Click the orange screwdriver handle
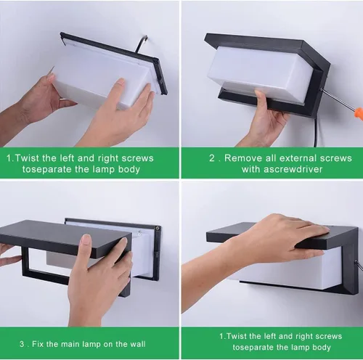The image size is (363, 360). pos(358,113)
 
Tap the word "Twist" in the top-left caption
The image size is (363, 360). pos(27,158)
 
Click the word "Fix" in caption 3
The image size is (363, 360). pos(38,344)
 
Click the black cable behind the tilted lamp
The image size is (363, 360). pos(140,44)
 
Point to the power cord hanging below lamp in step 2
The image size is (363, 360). pos(317,132)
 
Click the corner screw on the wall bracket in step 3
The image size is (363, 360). pos(158,228)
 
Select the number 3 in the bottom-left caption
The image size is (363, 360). pos(22,344)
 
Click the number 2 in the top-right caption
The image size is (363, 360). pos(212,158)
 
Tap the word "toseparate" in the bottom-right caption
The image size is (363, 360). pos(253,347)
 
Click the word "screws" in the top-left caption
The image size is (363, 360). pos(137,158)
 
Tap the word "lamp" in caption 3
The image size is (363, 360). pos(91,344)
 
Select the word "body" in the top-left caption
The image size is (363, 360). pos(129,169)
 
